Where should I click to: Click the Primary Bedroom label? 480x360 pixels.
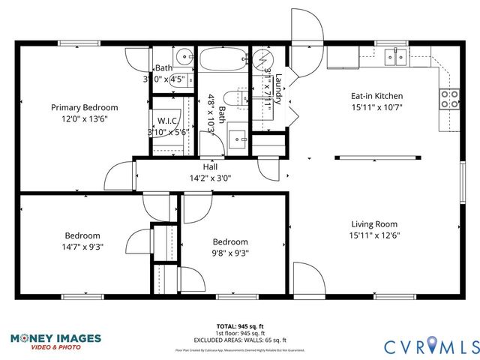(x=84, y=107)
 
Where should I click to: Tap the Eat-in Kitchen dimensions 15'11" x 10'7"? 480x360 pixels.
(x=377, y=108)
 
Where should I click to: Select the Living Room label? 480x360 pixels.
(x=374, y=223)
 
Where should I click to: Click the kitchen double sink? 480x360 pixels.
(x=394, y=55)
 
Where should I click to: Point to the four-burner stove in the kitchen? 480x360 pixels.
(x=450, y=99)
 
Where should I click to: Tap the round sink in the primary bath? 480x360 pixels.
(x=182, y=56)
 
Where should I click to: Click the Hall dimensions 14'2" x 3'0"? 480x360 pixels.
(x=211, y=178)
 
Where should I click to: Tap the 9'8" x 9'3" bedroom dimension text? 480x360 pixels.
(x=229, y=253)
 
